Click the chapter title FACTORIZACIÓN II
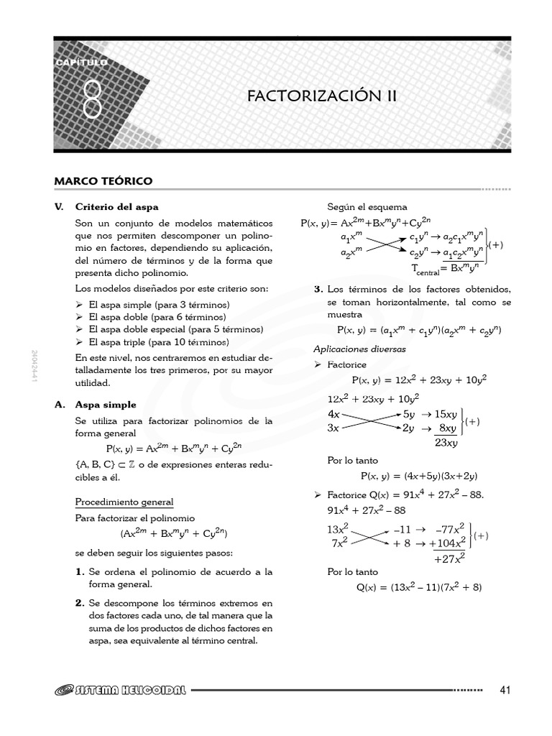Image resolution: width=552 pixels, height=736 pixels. [321, 96]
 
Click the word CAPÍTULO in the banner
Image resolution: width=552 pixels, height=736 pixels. [82, 63]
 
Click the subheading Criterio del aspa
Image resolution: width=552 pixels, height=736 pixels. [116, 206]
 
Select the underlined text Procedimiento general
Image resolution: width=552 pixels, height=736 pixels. [124, 501]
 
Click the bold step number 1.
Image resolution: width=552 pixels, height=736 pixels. [80, 572]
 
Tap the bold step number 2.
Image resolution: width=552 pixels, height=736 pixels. [80, 603]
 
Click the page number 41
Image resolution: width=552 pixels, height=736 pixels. [504, 691]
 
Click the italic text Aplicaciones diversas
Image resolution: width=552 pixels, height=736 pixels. [359, 349]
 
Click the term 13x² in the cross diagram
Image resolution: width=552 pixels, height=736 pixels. [337, 529]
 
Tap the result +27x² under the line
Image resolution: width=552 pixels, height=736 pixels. [450, 557]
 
